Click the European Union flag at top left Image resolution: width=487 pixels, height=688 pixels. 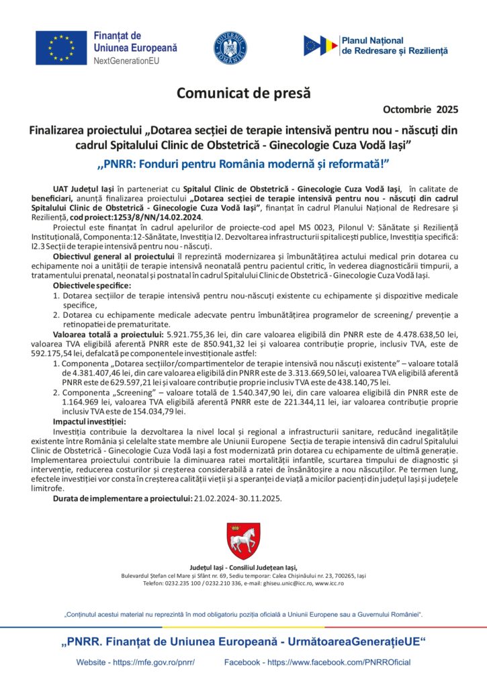click(61, 47)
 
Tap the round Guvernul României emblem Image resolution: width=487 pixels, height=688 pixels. click(230, 48)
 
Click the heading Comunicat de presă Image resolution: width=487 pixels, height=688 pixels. click(244, 93)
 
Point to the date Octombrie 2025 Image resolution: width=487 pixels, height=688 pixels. click(420, 109)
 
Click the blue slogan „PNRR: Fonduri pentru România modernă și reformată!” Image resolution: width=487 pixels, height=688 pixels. click(244, 163)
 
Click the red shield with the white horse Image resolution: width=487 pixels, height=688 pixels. click(243, 540)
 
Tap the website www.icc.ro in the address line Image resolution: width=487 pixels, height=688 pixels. click(330, 583)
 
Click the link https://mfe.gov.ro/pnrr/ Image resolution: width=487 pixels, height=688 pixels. click(154, 662)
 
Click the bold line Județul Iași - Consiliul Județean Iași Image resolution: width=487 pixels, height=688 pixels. click(243, 568)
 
